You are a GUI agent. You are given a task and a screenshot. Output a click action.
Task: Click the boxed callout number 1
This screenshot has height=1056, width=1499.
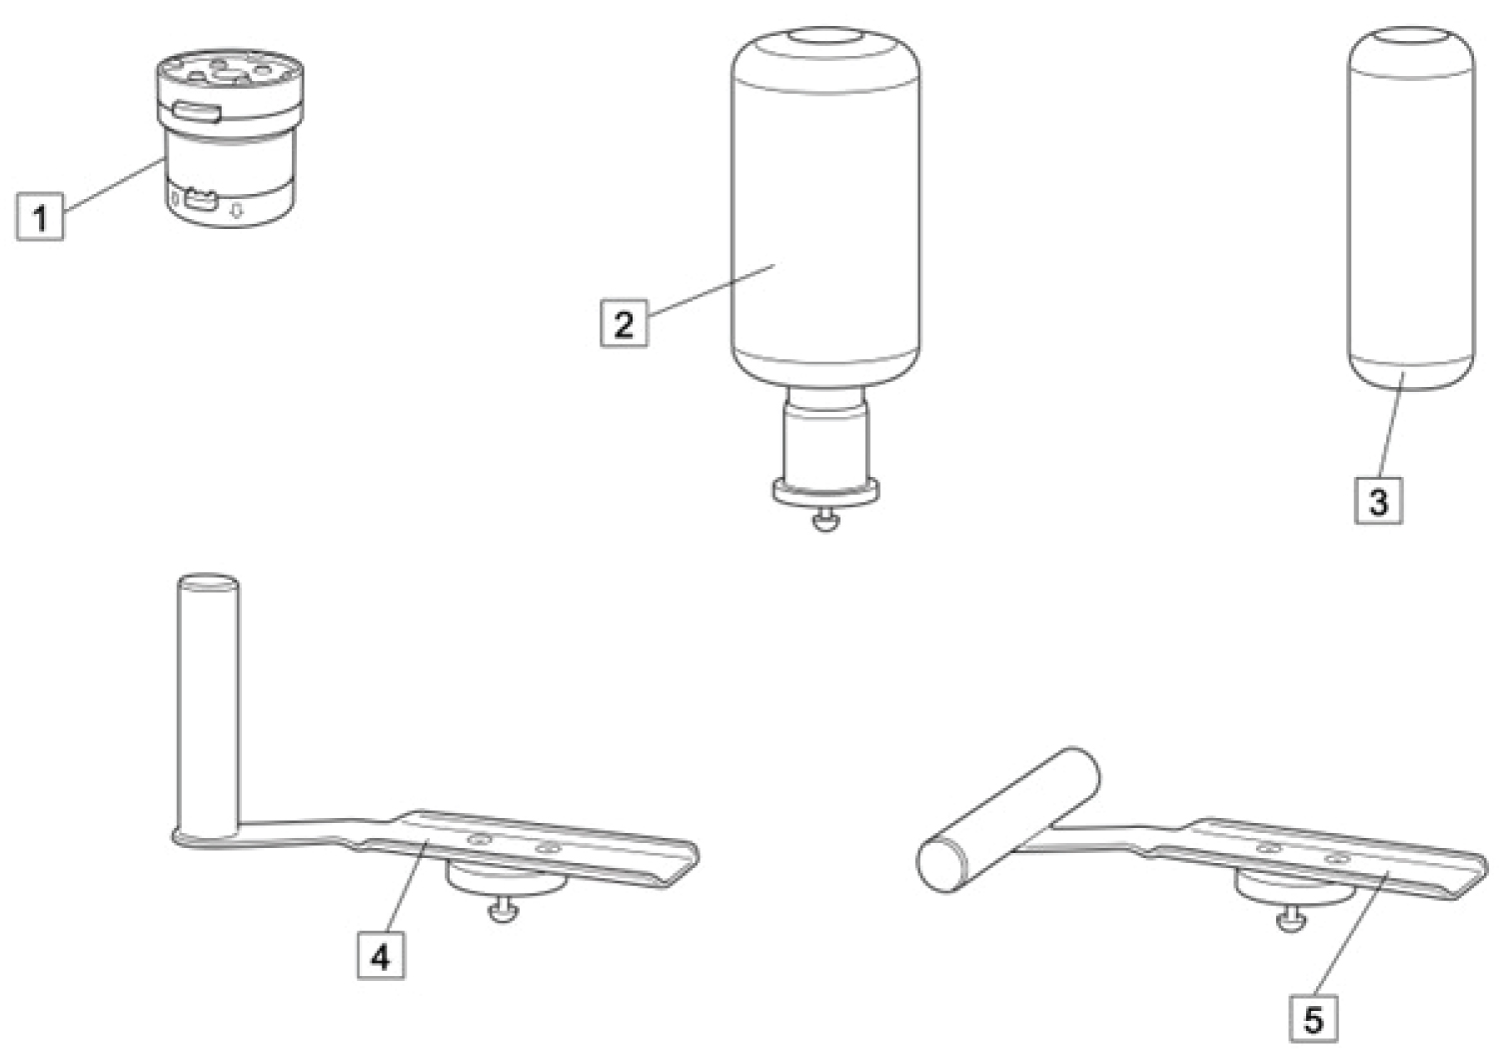tap(40, 216)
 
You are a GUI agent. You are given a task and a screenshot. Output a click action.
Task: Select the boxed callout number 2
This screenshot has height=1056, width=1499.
tap(624, 323)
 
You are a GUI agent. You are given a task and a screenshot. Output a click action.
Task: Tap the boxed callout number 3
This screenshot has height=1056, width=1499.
tap(1378, 500)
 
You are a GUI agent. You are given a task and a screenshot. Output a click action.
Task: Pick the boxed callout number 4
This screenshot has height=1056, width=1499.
tap(381, 956)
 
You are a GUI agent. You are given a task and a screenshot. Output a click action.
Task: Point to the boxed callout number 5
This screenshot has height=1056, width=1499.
tap(1314, 1019)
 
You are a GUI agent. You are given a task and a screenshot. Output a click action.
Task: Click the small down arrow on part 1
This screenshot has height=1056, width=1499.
tap(236, 211)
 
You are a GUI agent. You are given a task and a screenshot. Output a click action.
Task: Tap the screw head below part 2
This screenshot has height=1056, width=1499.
tap(825, 520)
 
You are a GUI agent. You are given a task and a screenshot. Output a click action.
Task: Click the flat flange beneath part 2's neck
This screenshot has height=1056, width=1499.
tap(825, 491)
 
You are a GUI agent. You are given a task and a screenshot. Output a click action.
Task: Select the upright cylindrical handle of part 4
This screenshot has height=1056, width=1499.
tap(208, 705)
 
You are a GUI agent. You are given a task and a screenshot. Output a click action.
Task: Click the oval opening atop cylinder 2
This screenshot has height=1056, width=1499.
tap(825, 37)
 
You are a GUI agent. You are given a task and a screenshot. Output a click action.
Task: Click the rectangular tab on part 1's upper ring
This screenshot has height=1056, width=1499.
tap(197, 112)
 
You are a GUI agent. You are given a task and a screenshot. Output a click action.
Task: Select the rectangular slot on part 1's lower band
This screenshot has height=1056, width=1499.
tap(200, 200)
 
